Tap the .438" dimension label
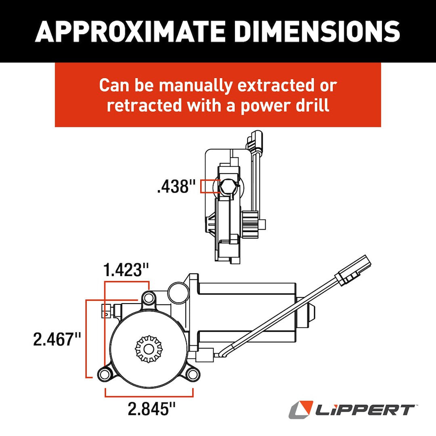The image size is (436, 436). tap(173, 187)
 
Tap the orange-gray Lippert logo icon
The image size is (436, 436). tap(301, 409)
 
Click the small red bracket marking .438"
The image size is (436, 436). tap(209, 186)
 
